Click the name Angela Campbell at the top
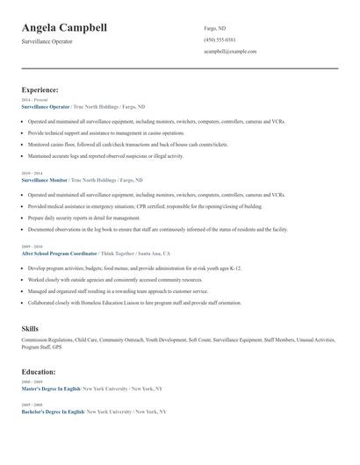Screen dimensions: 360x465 [x=65, y=28]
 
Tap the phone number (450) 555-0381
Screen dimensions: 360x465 [x=220, y=40]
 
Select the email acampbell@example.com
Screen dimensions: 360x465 [x=230, y=52]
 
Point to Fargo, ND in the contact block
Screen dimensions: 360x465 [x=214, y=28]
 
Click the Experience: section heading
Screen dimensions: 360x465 [x=40, y=89]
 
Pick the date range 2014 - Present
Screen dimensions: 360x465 [x=34, y=100]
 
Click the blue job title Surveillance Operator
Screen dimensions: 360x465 [x=45, y=106]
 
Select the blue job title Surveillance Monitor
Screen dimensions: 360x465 [x=44, y=180]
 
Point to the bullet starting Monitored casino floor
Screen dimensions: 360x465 [x=128, y=145]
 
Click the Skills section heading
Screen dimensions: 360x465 [x=30, y=328]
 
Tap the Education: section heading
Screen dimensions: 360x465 [x=39, y=372]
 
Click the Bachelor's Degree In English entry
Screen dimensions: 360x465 [x=53, y=411]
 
